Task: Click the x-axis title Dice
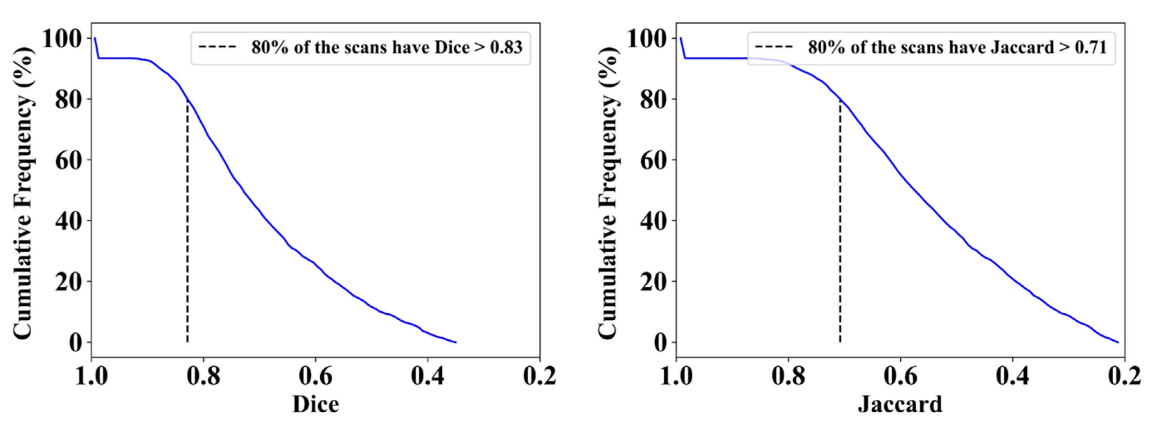315,404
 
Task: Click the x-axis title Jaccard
900,404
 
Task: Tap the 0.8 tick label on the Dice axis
204,377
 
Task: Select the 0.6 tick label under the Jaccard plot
900,377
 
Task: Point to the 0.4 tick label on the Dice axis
428,377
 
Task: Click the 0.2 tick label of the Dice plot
540,377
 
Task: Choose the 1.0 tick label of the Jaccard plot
676,377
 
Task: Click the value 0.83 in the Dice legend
506,47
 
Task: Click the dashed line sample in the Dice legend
218,47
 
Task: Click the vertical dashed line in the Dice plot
187,224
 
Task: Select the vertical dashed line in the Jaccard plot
840,224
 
